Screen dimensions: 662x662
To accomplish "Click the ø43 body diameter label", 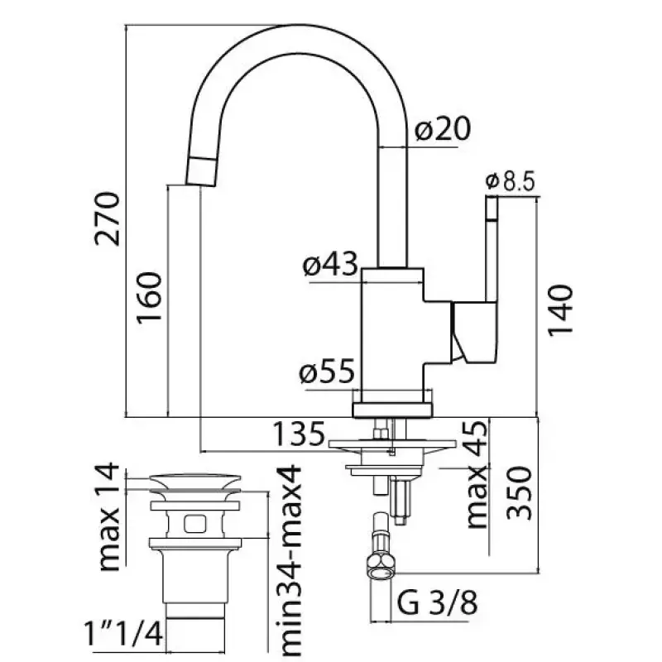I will [329, 265].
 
